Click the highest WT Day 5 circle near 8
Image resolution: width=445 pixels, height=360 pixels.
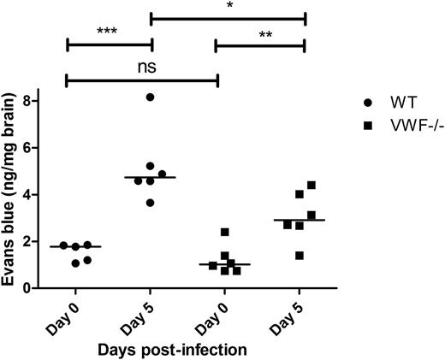click(151, 97)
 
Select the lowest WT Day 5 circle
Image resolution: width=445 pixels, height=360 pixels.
click(151, 203)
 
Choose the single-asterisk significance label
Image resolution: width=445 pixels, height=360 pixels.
click(228, 6)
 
